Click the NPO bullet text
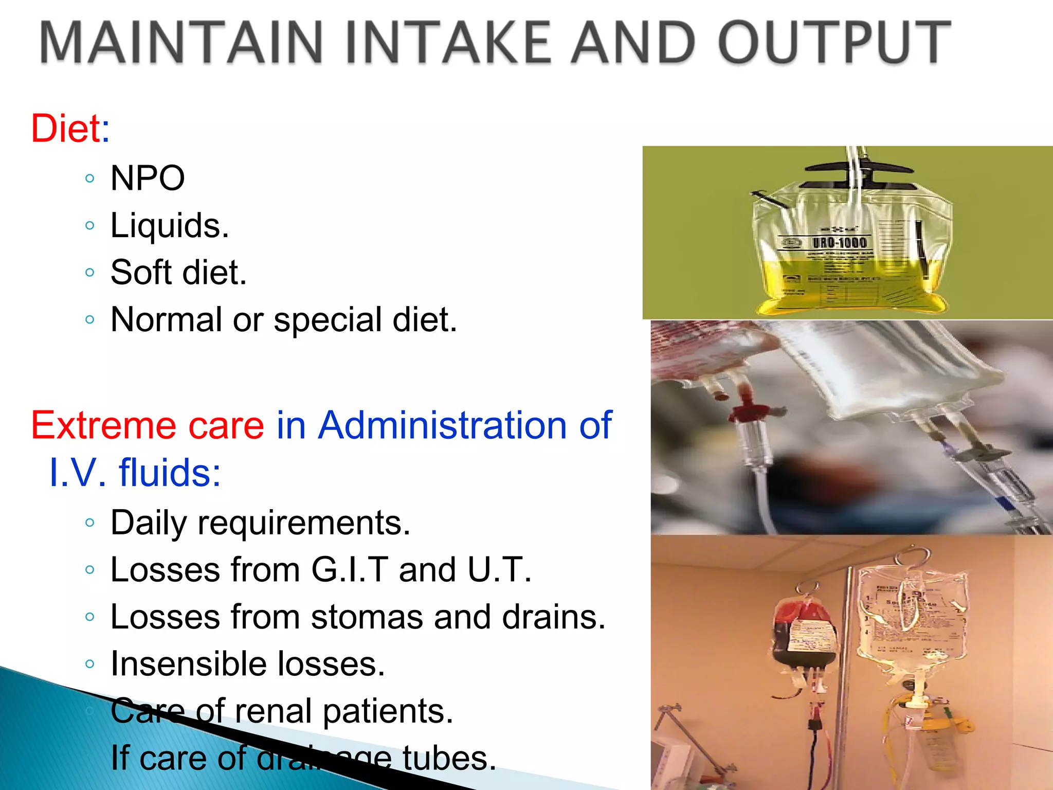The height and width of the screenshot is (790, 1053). (148, 178)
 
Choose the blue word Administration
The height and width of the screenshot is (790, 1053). (442, 425)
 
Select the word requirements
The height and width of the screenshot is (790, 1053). (303, 523)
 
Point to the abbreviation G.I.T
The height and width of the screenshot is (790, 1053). (350, 570)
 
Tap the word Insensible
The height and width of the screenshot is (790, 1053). (188, 663)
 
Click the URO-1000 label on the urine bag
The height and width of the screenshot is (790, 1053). (839, 242)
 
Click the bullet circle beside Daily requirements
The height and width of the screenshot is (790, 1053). (90, 523)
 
